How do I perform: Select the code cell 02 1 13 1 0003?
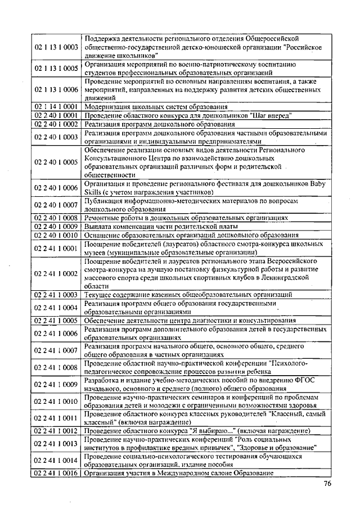point(56,48)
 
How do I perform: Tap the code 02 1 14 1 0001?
point(56,106)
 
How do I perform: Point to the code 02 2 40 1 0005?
point(56,162)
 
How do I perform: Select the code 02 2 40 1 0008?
point(56,217)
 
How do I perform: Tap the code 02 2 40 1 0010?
point(56,235)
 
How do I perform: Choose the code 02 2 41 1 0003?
point(56,294)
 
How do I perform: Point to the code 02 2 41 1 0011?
point(56,418)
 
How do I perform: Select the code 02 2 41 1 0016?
point(56,474)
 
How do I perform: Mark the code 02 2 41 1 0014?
point(56,461)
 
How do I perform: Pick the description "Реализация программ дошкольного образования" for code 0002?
point(160,124)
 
